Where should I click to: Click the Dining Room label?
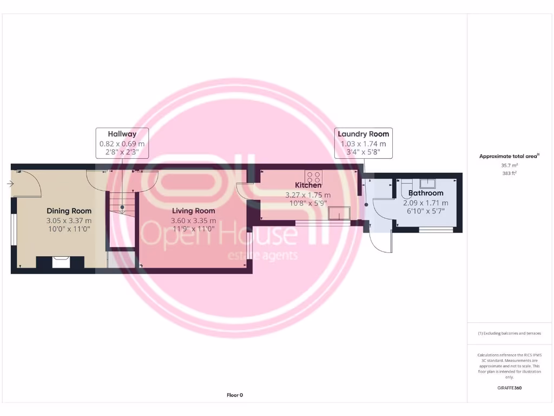tap(69, 211)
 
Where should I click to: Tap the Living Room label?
tap(193, 211)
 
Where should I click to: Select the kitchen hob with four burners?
tap(313, 176)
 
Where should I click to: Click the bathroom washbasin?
tap(428, 183)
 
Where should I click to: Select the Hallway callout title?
tap(122, 134)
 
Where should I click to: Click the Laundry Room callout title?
tap(363, 134)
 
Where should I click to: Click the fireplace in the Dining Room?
tap(60, 263)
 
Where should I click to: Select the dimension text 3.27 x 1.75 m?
tap(308, 195)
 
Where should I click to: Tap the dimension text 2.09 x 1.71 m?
tap(426, 203)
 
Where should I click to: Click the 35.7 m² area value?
tap(509, 165)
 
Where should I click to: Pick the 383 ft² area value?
tap(509, 173)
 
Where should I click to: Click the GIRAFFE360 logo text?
tap(509, 388)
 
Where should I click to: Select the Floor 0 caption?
tap(235, 395)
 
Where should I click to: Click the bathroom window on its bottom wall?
tap(436, 230)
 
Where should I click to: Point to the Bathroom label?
tap(426, 193)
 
